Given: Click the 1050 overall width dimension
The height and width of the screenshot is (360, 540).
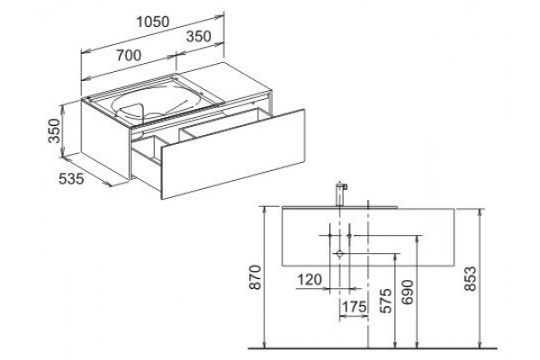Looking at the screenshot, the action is point(153,22).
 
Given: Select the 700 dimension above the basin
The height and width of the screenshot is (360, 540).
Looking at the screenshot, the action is point(129,56).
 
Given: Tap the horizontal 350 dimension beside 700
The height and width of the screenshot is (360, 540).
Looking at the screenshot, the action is point(198,37).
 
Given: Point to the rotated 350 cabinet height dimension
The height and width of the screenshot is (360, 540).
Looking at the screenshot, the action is point(54,130).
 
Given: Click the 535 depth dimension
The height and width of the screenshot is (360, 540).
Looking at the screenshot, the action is point(71,179).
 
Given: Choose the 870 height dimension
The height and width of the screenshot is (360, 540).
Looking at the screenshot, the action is point(256,277).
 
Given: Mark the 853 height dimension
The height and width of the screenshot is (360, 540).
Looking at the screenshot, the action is point(470,279).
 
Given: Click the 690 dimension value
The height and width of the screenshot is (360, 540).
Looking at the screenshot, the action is point(408,292).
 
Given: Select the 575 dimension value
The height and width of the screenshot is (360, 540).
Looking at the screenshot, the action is point(386,301).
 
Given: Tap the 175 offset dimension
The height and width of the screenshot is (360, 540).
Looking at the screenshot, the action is point(354,306).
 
